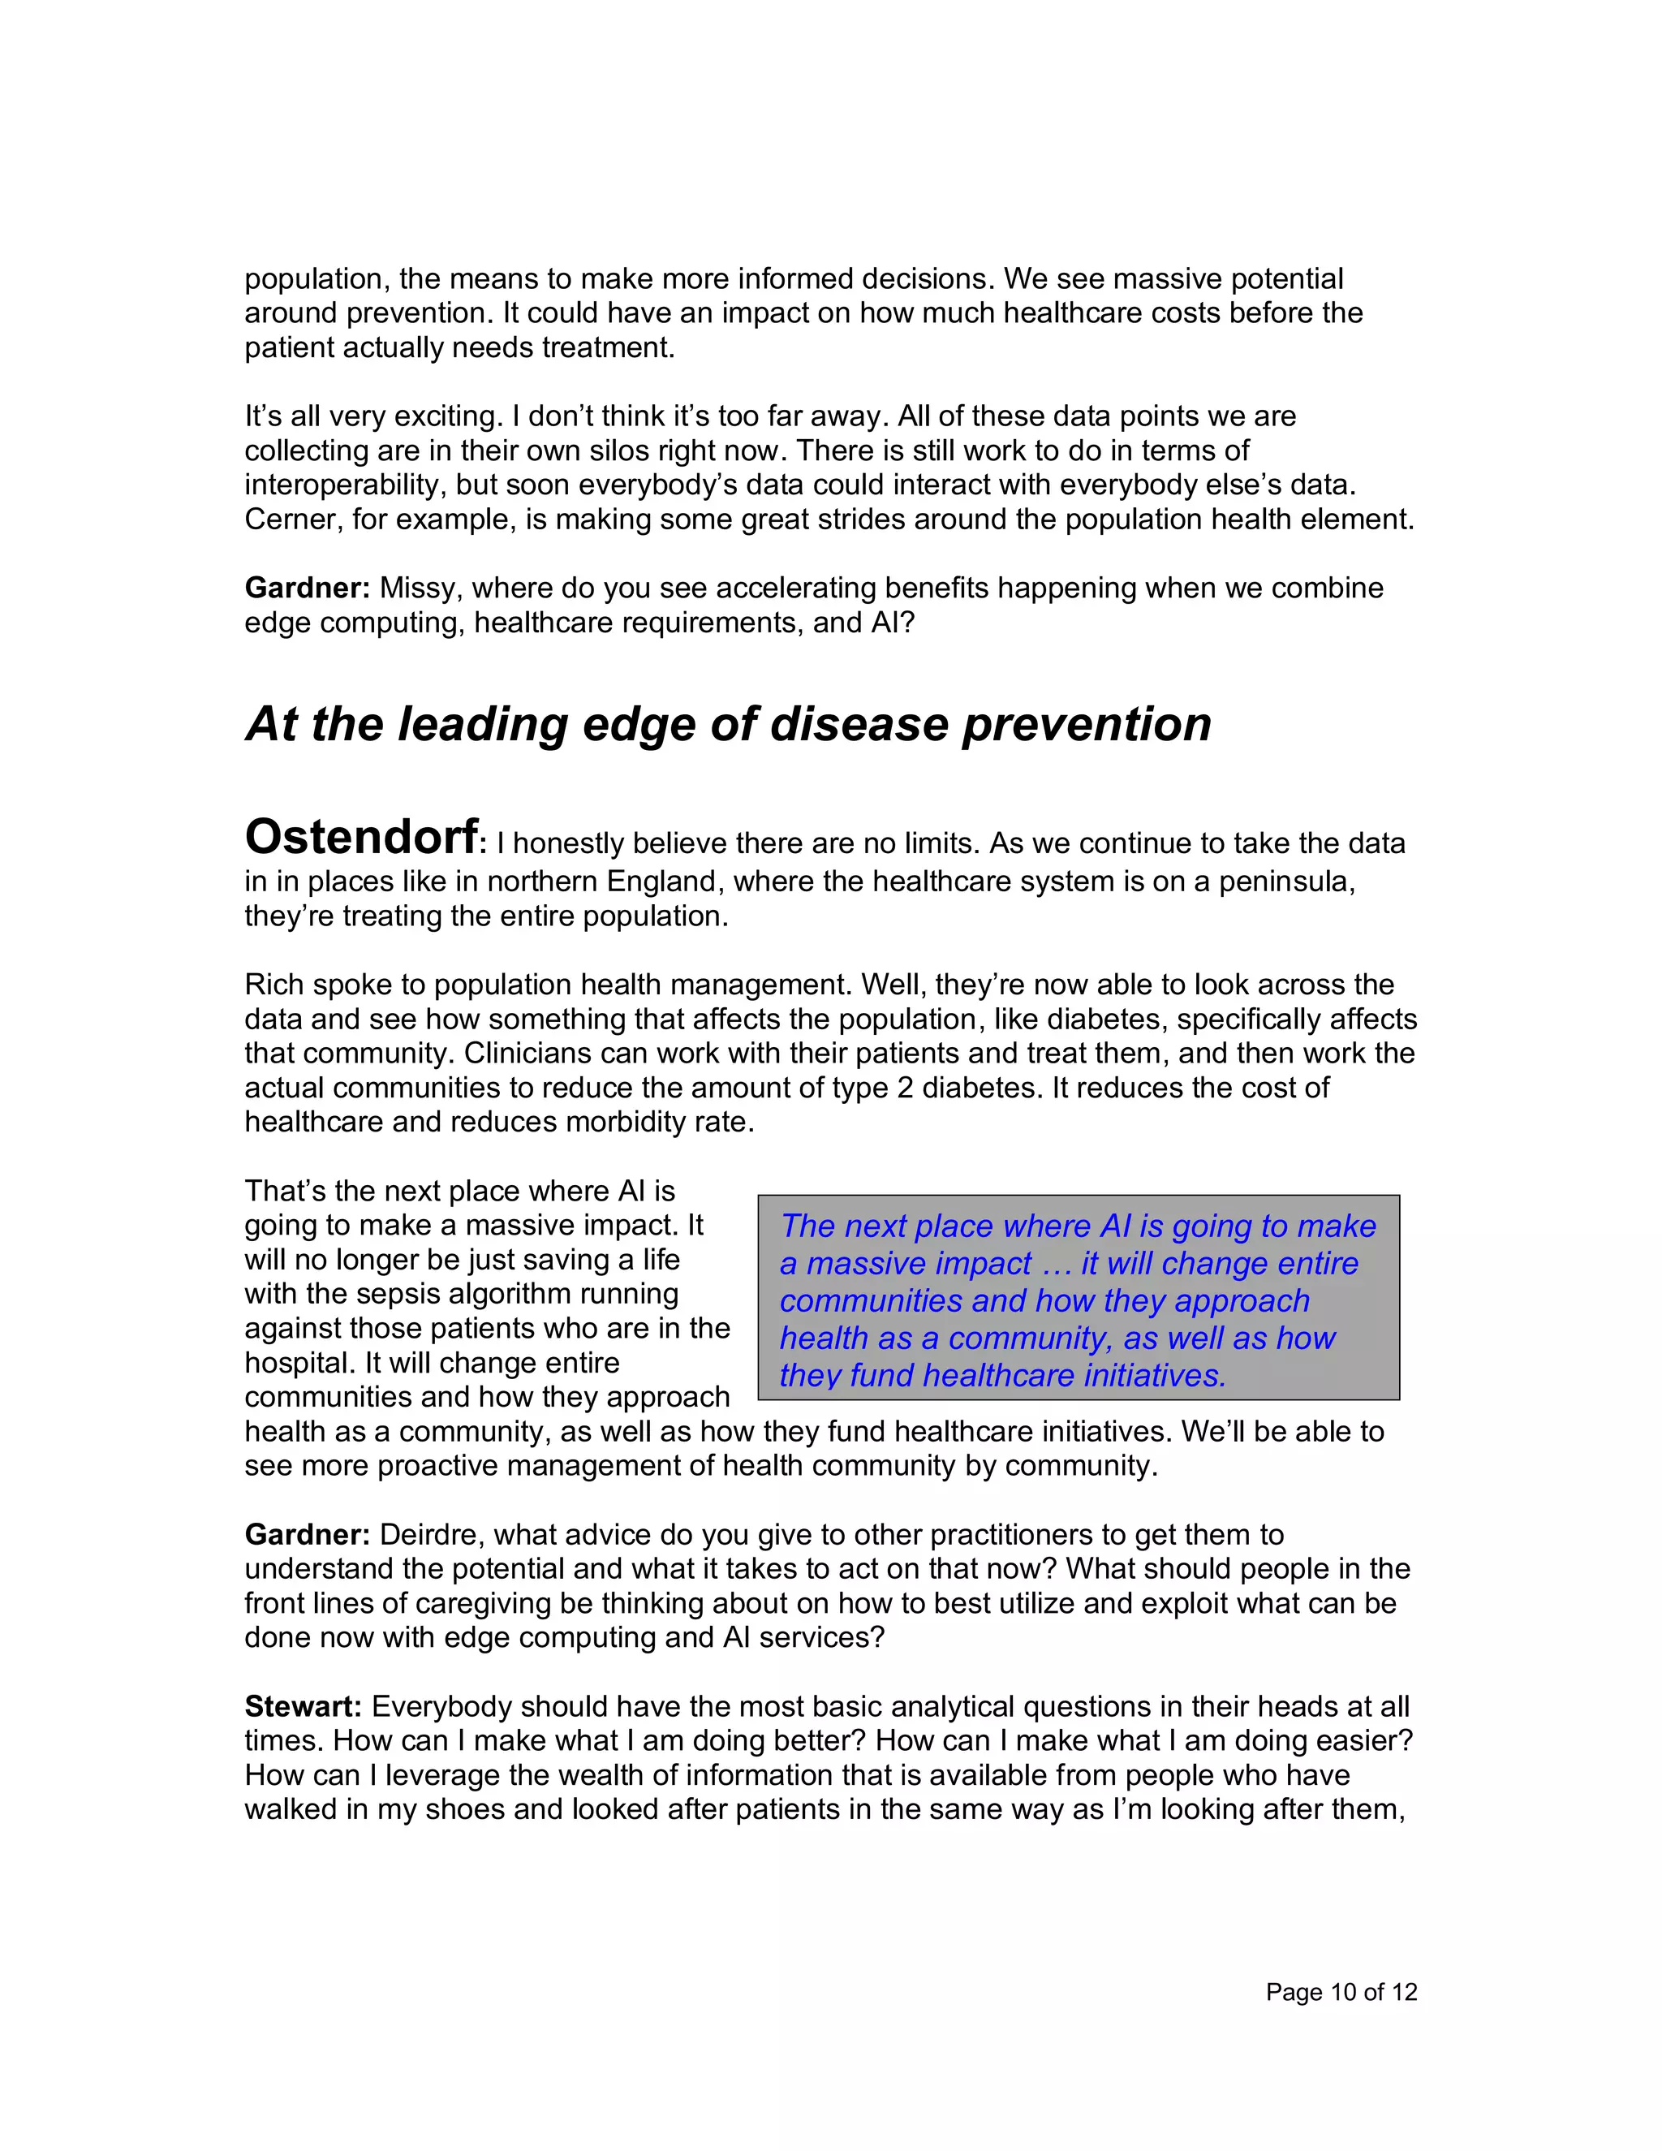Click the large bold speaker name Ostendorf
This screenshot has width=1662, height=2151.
pos(361,838)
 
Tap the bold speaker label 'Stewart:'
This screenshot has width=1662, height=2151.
pos(304,1706)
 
